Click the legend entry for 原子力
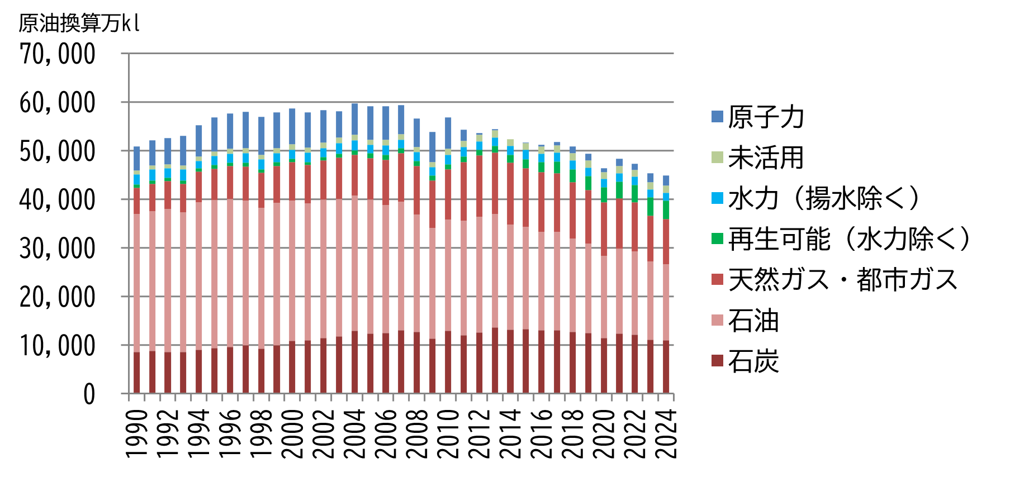coord(766,117)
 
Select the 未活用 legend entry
coord(766,158)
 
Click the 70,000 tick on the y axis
coord(58,55)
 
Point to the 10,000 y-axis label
coord(58,346)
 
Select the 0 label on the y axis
coord(89,395)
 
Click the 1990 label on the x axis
coord(137,434)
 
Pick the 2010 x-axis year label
coord(448,434)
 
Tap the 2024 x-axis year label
coord(666,434)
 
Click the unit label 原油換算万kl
coord(79,23)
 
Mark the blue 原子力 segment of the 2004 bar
coord(354,119)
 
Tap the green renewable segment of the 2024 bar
coord(666,210)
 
